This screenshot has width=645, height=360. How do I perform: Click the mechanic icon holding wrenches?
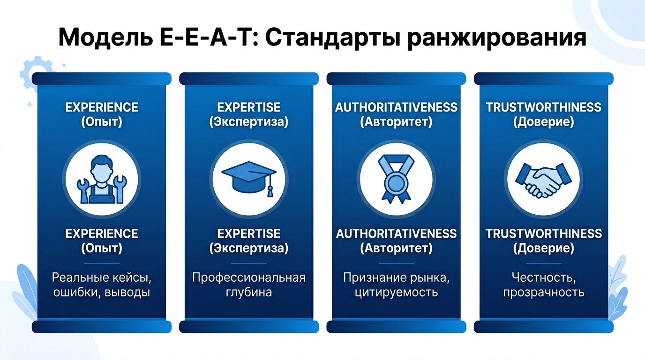tap(101, 180)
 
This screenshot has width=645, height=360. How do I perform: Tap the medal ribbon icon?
tap(397, 179)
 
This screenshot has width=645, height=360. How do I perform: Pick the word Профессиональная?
tap(249, 277)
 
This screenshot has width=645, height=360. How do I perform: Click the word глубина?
tap(249, 292)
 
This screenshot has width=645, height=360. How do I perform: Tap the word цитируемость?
tap(397, 293)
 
